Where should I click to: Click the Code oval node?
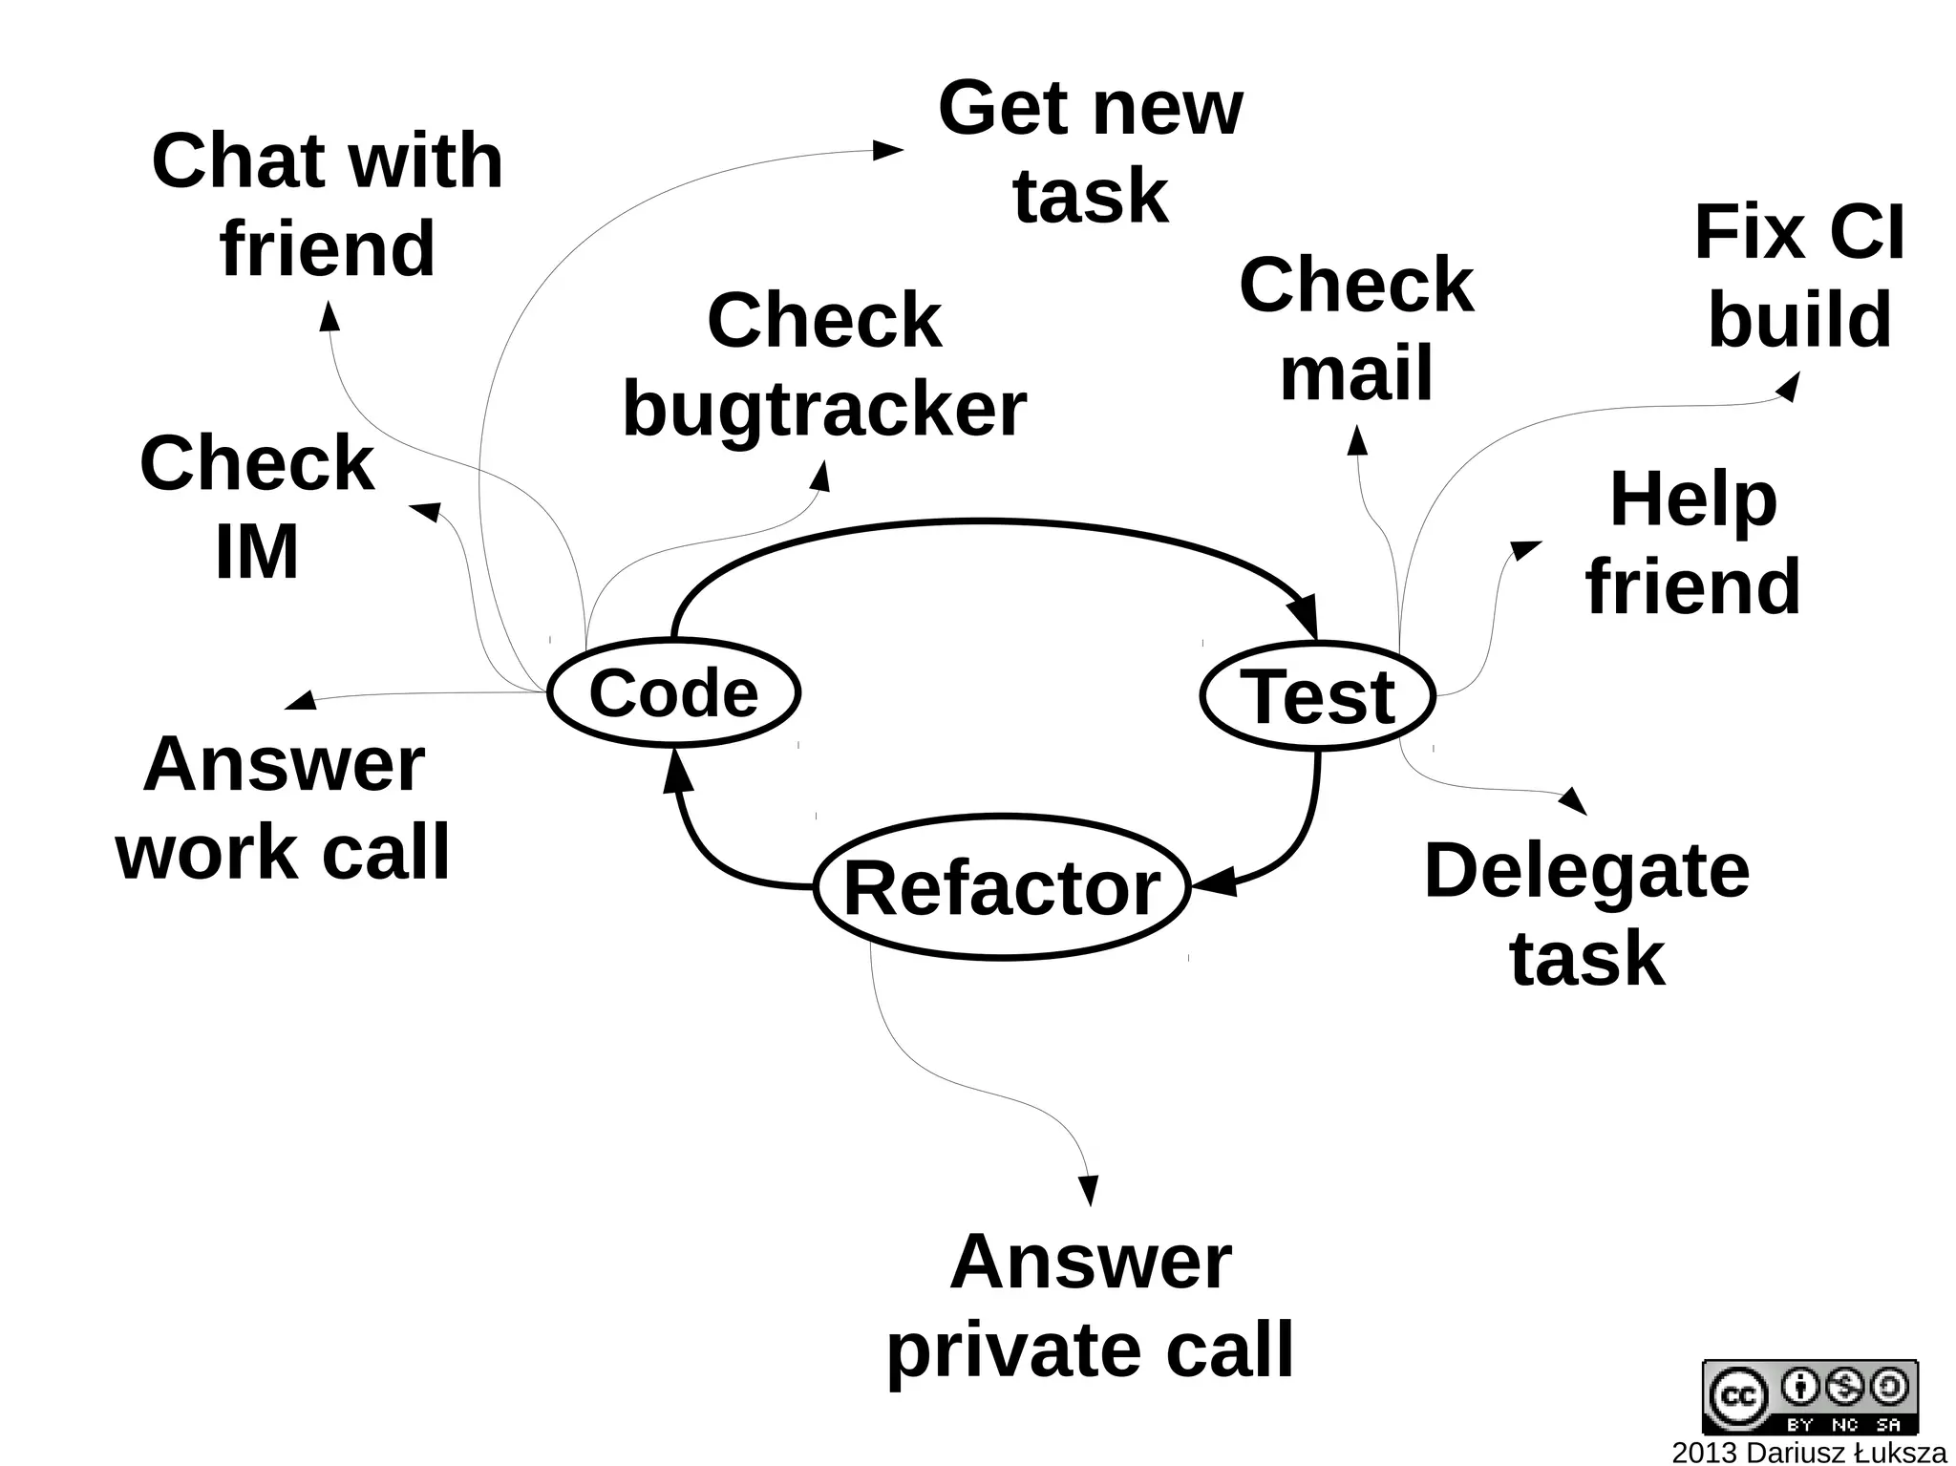coord(673,692)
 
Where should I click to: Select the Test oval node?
coord(1318,696)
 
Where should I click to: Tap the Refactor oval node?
coord(1002,887)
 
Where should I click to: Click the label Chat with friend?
coord(327,204)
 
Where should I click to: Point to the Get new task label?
coord(1090,152)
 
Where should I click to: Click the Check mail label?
coord(1356,329)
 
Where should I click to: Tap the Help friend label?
coord(1692,542)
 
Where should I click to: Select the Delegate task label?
coord(1586,914)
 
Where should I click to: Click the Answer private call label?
coord(1090,1306)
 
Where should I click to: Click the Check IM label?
coord(257,507)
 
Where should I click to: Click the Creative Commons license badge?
coord(1810,1396)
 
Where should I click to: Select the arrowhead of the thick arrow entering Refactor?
coord(1213,882)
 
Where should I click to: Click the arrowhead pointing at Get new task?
coord(888,150)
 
